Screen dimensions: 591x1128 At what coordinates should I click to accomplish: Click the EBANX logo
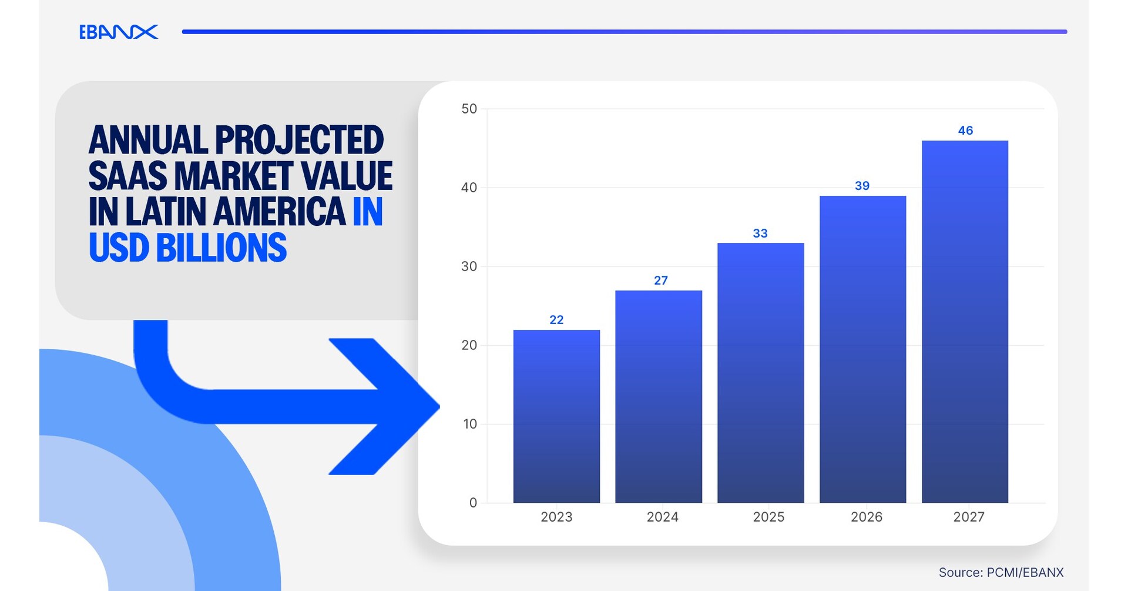(x=118, y=32)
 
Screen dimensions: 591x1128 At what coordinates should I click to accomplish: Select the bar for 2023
(x=556, y=416)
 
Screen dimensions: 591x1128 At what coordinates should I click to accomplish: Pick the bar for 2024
(x=659, y=397)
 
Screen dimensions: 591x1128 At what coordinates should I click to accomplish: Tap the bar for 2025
(x=760, y=373)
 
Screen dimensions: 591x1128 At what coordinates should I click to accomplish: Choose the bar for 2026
(x=862, y=349)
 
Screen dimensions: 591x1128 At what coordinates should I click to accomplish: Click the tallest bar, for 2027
(x=965, y=322)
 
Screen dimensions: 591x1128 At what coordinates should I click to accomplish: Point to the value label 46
(x=965, y=131)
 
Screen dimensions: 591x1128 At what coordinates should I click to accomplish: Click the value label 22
(x=556, y=320)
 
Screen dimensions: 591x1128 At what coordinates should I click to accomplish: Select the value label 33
(x=760, y=233)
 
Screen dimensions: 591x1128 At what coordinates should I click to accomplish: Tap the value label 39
(x=862, y=186)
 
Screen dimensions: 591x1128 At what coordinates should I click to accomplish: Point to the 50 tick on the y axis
(x=469, y=109)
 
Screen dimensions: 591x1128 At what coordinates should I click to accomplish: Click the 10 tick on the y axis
(x=469, y=424)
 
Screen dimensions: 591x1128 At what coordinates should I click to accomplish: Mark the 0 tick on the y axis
(x=473, y=503)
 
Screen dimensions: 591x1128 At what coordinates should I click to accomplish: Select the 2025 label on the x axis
(x=768, y=517)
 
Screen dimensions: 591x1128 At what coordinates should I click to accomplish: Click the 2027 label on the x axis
(x=968, y=517)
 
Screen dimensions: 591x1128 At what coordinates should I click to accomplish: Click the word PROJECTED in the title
(x=299, y=140)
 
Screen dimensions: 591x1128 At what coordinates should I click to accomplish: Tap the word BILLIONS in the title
(x=221, y=248)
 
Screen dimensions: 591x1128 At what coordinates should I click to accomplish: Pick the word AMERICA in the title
(x=279, y=212)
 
